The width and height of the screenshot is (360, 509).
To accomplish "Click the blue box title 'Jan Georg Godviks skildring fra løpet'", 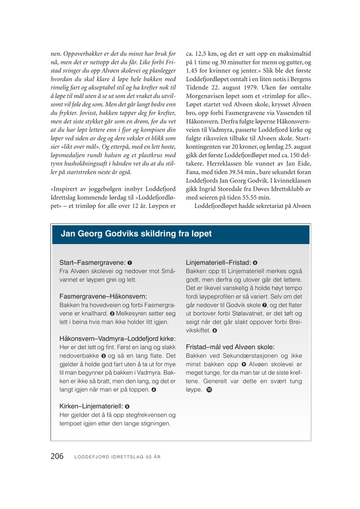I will tap(136, 234).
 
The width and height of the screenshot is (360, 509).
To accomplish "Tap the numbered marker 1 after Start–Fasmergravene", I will tap(130, 262).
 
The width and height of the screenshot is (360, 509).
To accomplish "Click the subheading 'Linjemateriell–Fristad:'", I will tap(218, 262).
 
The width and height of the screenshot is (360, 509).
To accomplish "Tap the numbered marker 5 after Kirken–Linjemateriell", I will tap(127, 406).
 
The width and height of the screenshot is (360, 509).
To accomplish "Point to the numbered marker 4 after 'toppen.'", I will tap(153, 389).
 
